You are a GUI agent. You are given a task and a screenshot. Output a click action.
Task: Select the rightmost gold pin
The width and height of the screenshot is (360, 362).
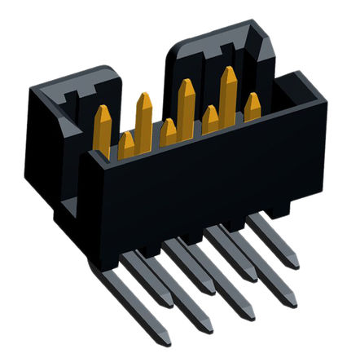pyautogui.click(x=252, y=106)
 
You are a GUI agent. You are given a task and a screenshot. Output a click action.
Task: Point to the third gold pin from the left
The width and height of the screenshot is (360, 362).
pyautogui.click(x=144, y=118)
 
